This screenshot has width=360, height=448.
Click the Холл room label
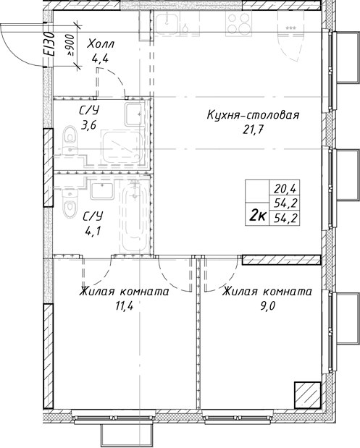tap(101, 45)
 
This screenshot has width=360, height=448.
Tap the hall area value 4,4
tap(100, 59)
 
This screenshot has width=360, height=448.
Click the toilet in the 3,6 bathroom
tap(70, 137)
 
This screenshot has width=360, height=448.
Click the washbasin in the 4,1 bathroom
tap(101, 190)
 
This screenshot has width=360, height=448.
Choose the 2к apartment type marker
tap(256, 214)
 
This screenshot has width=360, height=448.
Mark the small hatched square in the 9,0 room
tap(306, 396)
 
